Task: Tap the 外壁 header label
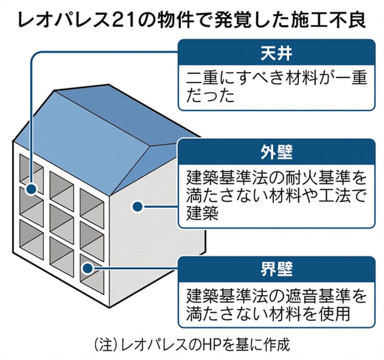[276, 152]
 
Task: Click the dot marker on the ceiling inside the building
[32, 189]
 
